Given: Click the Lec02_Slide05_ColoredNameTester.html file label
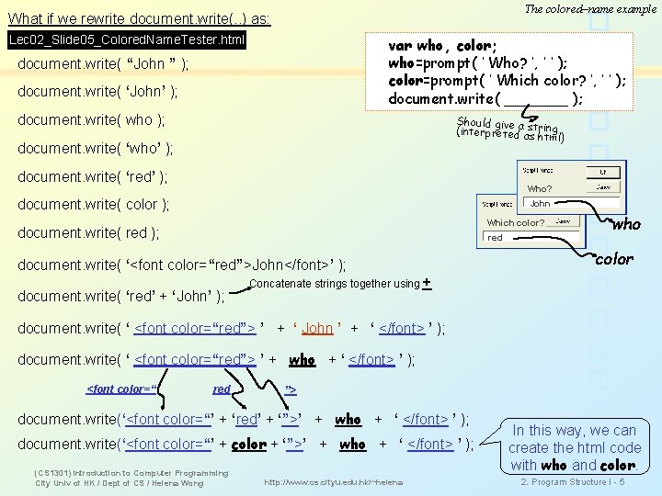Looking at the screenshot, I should coord(127,40).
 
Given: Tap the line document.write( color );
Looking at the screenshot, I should coord(93,205).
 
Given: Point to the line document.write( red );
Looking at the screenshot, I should coord(88,233).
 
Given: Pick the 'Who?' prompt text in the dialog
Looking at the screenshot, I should coord(539,189).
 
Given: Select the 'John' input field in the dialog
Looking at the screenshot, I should coord(541,203).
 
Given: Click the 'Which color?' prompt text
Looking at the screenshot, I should coord(515,223).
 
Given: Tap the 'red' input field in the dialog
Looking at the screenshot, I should coord(496,237).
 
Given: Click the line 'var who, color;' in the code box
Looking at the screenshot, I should coord(442,45).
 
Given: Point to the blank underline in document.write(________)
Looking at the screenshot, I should coord(536,99).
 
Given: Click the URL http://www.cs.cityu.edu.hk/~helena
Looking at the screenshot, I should coord(332,482).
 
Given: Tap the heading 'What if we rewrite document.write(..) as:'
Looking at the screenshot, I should coord(139,18).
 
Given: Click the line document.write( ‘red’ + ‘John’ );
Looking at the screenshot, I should coord(121,296).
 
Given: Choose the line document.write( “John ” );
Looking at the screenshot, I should coord(104,64).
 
